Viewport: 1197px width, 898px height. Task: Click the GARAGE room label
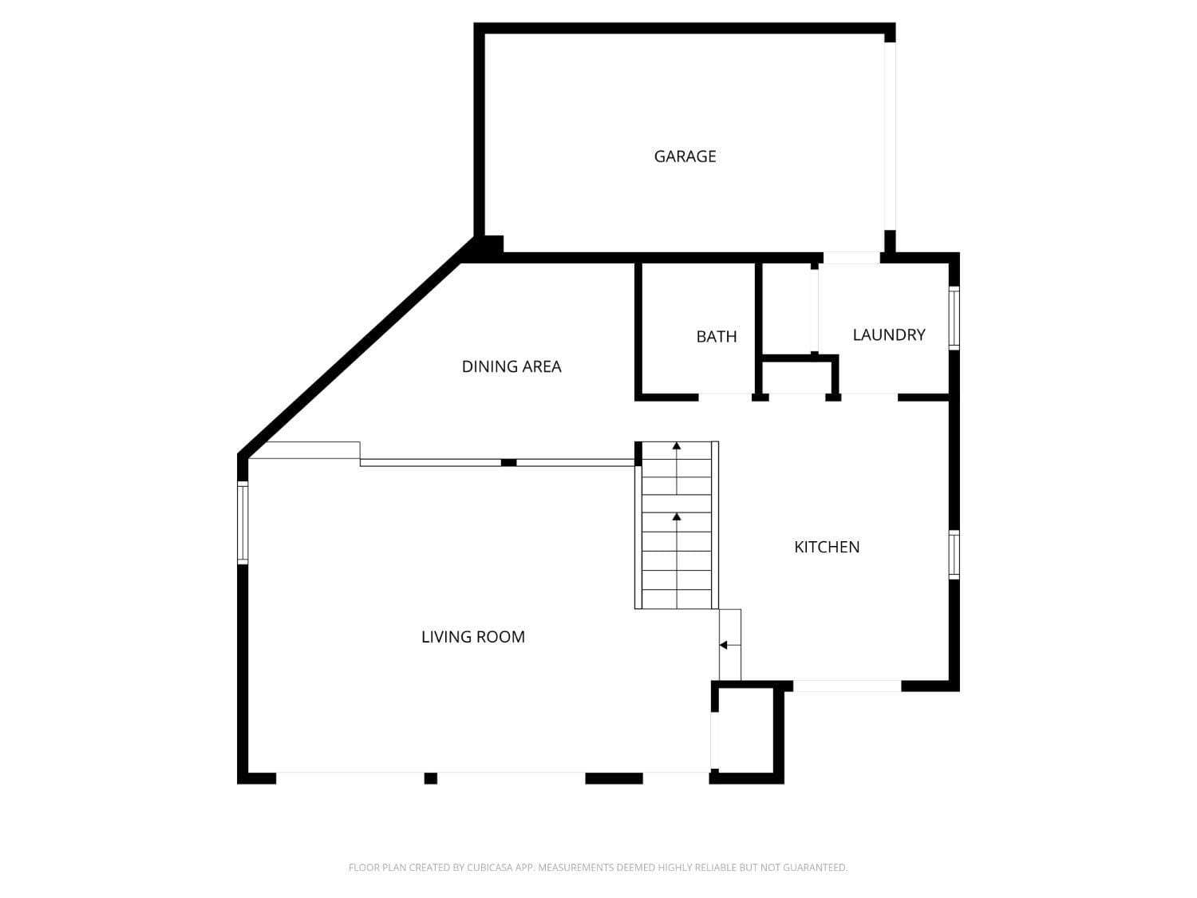[x=685, y=156]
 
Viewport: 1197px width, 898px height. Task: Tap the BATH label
[x=716, y=337]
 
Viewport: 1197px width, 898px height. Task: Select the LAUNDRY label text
[x=888, y=335]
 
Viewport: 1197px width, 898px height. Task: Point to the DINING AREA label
[x=512, y=366]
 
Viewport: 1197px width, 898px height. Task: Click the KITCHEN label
[x=827, y=547]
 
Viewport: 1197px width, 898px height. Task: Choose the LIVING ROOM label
[x=473, y=637]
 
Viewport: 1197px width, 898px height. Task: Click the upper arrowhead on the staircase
[x=677, y=445]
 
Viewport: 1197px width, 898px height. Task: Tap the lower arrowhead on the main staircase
[x=677, y=517]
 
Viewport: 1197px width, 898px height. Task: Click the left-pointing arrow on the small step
[x=724, y=645]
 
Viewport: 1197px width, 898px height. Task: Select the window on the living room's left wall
[x=243, y=522]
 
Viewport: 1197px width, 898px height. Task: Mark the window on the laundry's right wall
[x=954, y=318]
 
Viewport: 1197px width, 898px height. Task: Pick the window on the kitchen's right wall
[x=954, y=554]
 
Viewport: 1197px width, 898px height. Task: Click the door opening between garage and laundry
[x=851, y=258]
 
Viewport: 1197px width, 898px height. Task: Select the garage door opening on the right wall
[x=890, y=136]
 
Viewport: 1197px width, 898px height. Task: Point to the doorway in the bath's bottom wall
[x=725, y=396]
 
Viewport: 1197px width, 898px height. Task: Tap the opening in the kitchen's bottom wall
[x=847, y=686]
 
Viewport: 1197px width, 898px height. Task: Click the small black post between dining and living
[x=508, y=462]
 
